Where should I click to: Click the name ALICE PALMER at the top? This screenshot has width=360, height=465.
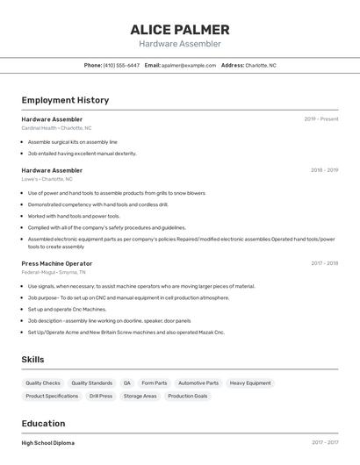179,29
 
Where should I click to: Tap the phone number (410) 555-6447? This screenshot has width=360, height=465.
121,65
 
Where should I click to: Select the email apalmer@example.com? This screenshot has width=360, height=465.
189,65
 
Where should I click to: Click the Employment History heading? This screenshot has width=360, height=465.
65,100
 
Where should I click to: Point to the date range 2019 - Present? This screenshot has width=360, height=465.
321,118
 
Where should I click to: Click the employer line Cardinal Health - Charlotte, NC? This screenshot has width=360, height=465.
56,127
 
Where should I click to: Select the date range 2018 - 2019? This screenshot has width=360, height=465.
324,170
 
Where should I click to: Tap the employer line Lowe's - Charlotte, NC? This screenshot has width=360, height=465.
47,179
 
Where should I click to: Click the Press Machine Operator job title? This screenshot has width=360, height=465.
56,263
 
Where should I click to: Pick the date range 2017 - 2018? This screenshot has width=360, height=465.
324,263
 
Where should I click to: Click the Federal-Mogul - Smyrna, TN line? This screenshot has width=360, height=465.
54,272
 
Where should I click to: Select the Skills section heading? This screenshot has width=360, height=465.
32,360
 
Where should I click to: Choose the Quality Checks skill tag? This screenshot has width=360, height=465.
43,383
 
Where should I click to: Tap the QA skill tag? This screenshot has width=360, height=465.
126,383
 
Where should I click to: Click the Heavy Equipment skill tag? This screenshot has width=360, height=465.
250,383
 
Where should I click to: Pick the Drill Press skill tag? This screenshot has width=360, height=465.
101,396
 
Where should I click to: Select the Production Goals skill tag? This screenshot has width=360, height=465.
188,396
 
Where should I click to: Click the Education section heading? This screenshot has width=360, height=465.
43,424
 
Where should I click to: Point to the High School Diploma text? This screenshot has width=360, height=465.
47,443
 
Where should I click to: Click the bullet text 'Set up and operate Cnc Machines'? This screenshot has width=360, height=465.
67,309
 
